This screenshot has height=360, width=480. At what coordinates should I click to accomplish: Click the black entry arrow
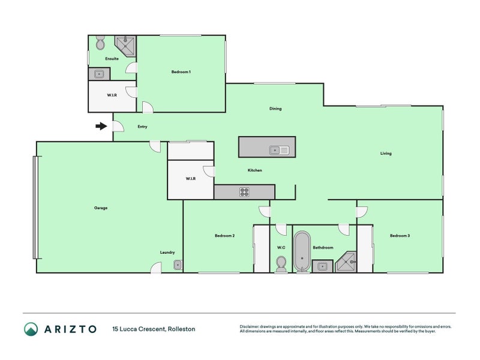[x=101, y=126]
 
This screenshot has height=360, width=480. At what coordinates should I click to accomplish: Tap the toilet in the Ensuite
[x=100, y=43]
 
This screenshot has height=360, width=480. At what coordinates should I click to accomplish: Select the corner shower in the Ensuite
[x=125, y=46]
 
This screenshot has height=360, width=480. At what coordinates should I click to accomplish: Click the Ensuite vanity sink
[x=99, y=74]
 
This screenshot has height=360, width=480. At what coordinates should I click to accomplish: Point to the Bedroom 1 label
[x=181, y=72]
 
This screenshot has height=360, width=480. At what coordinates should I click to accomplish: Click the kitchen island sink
[x=279, y=151]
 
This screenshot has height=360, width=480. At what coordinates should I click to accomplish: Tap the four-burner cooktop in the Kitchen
[x=244, y=192]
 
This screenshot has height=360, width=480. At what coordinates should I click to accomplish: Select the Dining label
[x=275, y=109]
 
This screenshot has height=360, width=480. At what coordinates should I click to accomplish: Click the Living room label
[x=386, y=154]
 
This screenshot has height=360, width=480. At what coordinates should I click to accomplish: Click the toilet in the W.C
[x=281, y=264]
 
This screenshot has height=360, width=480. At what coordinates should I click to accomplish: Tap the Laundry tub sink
[x=178, y=265]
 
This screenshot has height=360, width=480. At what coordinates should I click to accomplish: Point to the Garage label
[x=101, y=208]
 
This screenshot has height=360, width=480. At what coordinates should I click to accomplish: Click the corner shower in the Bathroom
[x=346, y=262]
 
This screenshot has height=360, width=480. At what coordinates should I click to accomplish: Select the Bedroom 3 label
[x=400, y=235]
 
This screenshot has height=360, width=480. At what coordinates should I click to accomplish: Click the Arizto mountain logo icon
[x=31, y=329]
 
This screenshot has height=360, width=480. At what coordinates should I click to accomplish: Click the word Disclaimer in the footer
[x=249, y=326]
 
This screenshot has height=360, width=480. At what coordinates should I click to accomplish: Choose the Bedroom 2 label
[x=224, y=235]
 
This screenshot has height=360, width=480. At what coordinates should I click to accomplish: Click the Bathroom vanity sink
[x=322, y=266]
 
